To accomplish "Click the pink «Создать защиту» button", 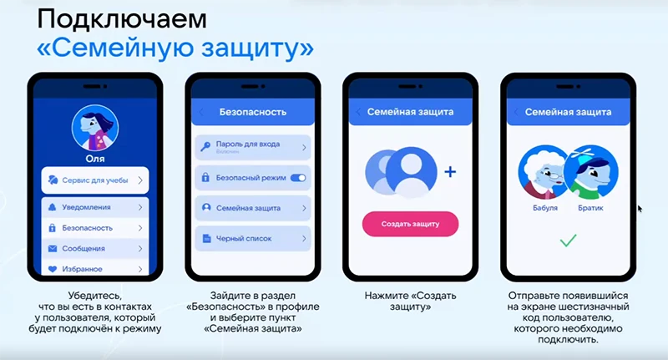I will (410, 224).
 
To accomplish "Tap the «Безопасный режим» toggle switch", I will (297, 178).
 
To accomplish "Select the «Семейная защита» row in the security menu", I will (252, 208).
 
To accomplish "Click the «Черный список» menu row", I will (252, 239).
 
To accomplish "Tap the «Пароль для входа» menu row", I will (252, 147).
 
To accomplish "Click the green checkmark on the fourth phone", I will (568, 241).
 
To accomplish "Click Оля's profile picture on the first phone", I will (95, 128).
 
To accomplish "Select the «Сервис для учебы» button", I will (95, 180).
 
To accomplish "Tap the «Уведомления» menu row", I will (95, 206).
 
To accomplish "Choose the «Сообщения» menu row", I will (95, 248).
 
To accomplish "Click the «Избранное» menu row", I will (95, 268).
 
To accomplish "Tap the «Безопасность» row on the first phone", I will (95, 227).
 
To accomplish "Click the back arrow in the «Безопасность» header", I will (201, 111).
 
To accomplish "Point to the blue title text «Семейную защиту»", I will (175, 48).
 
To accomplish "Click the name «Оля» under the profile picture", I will (95, 157).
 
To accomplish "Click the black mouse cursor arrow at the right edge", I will (640, 209).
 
